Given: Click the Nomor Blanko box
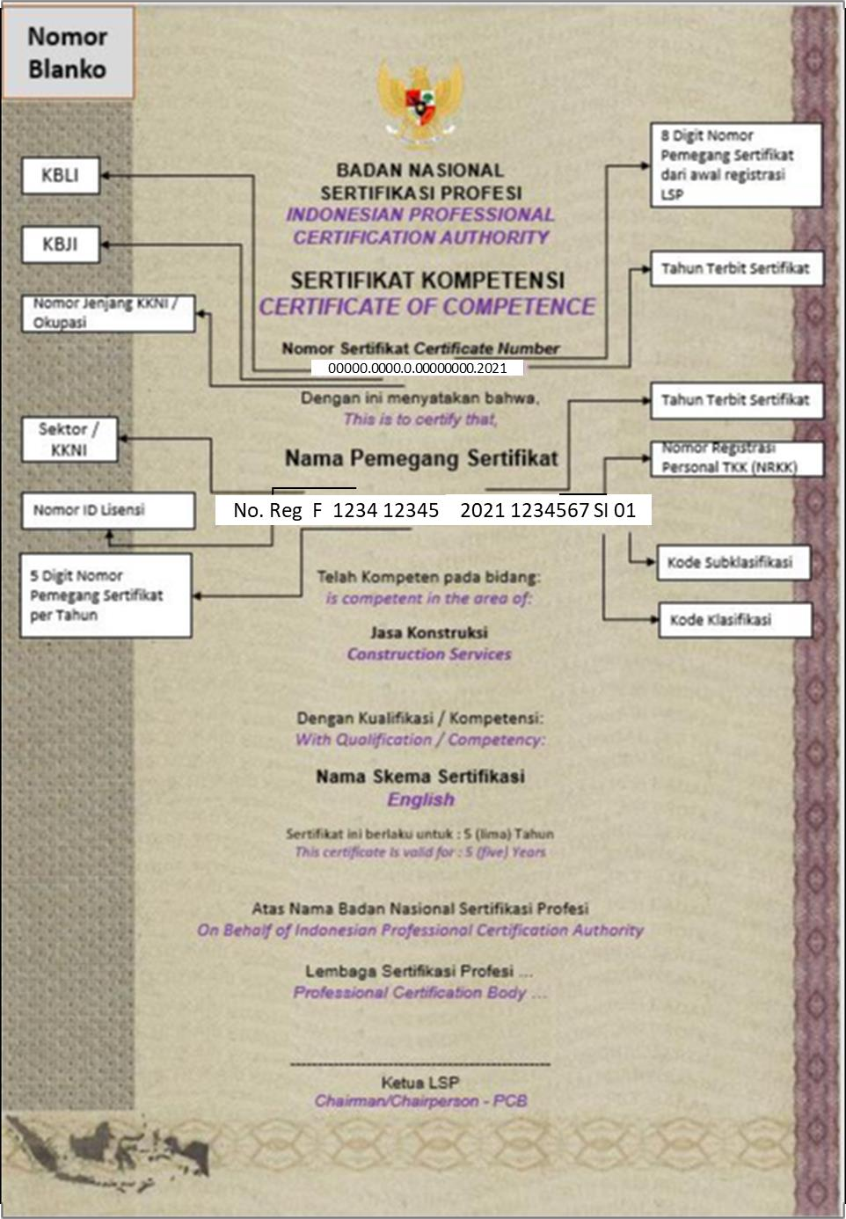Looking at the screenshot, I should pyautogui.click(x=68, y=53).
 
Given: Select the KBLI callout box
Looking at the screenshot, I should pyautogui.click(x=60, y=175).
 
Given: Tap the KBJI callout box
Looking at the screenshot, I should pyautogui.click(x=60, y=244).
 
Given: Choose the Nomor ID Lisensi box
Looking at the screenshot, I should pyautogui.click(x=108, y=510).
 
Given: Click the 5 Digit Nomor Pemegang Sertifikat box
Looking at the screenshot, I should pyautogui.click(x=106, y=595).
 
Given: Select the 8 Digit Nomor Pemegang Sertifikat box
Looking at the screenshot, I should pyautogui.click(x=736, y=164).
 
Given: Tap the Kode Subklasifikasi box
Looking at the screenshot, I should pyautogui.click(x=733, y=563).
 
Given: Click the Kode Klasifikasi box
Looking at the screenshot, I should pyautogui.click(x=733, y=620).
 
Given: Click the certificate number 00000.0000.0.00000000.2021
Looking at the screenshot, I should pyautogui.click(x=417, y=368).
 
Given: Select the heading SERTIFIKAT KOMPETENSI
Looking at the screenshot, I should pyautogui.click(x=427, y=281).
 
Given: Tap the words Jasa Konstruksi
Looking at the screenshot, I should pyautogui.click(x=429, y=632).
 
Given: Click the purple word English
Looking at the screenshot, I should pyautogui.click(x=421, y=799).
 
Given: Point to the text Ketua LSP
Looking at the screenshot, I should pyautogui.click(x=420, y=1083).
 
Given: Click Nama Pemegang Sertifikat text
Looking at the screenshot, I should pyautogui.click(x=421, y=458).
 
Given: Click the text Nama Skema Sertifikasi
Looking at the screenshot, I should pyautogui.click(x=420, y=777).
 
